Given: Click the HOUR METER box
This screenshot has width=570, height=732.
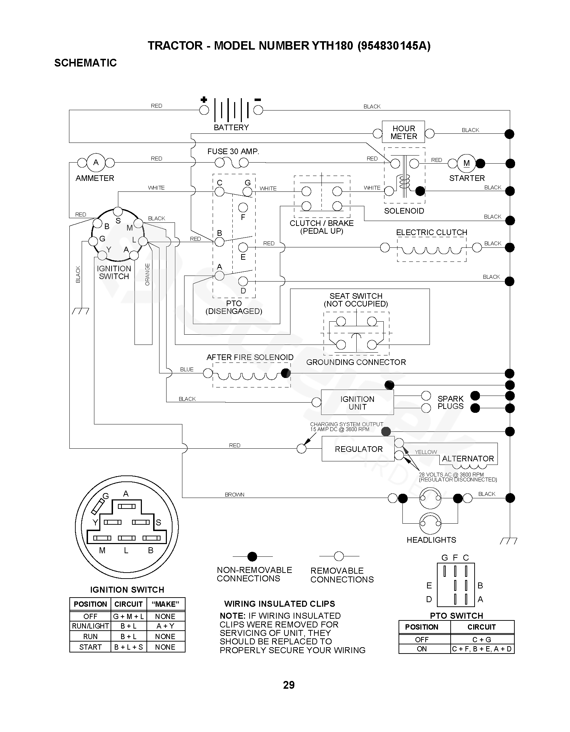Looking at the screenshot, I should pos(403,133).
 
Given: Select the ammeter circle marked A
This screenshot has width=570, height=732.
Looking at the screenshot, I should pos(96,163).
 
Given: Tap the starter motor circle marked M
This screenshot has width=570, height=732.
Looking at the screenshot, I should pos(466,163).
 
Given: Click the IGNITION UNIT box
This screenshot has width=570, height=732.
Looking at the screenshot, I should pos(357,403).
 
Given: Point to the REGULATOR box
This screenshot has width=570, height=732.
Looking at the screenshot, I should pos(358,449).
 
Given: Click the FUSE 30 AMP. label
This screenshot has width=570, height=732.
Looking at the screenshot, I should pos(233,152).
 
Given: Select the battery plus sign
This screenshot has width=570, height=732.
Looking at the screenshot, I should pos(203,100).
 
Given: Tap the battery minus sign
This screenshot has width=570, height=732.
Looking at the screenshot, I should pos(258,100).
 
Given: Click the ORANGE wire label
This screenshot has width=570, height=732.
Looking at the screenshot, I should pos(148,274).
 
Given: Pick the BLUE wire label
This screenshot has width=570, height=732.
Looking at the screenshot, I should pos(187,370).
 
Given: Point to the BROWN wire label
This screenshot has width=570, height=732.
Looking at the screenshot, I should pos(234,495).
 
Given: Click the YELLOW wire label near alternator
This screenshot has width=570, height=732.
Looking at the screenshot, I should pos(426,452).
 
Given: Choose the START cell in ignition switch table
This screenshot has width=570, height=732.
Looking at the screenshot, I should pos(90,647).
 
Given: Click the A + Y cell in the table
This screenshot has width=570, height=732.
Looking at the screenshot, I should pos(165,626).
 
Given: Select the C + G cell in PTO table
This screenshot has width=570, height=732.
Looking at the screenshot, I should pos(482,639).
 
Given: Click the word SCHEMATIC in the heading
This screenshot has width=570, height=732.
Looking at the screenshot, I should pos(86,63).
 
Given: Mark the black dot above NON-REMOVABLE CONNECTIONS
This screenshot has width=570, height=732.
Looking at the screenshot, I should pos(252,556).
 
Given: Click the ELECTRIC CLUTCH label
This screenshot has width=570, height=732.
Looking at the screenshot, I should pos(432,233).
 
